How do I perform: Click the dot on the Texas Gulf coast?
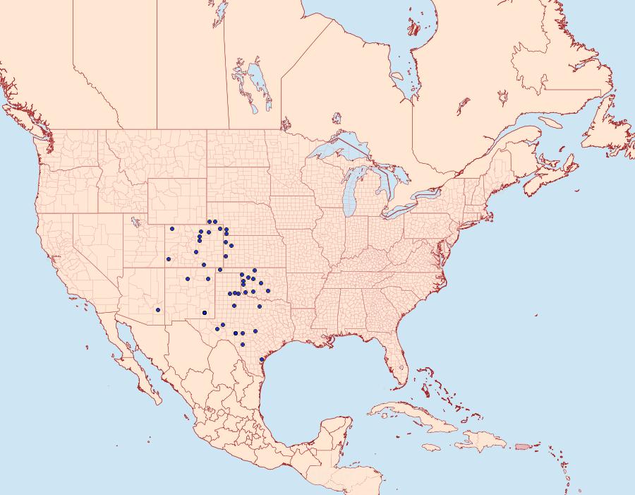pos(262,359)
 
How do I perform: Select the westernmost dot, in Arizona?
pos(158,310)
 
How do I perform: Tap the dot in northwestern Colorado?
pos(171,229)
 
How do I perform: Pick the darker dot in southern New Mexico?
pos(205,312)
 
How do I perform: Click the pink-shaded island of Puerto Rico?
pos(522,446)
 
